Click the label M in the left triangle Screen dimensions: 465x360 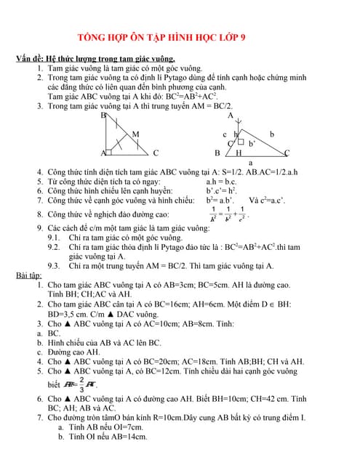tap(135, 134)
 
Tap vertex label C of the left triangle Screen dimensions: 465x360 tap(156, 153)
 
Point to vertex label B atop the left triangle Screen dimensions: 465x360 tap(103, 116)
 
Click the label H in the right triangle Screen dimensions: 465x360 tap(239, 153)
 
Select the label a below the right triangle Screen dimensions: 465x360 tap(251, 163)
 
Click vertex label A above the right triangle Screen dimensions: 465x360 tap(231, 116)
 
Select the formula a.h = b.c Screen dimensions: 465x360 tap(222, 181)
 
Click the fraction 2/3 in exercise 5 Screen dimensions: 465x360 tap(81, 383)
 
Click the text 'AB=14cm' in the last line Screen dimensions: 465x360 tap(128, 437)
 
